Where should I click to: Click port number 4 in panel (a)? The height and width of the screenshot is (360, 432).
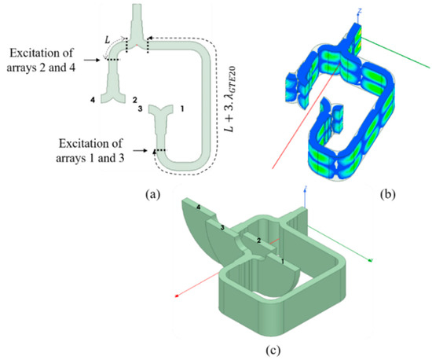(x=93, y=100)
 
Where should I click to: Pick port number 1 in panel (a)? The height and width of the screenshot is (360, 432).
(x=181, y=111)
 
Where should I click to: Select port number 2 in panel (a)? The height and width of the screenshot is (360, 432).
(x=134, y=101)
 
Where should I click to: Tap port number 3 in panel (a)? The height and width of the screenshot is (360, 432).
(x=139, y=110)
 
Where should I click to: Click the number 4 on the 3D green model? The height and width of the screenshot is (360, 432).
(x=198, y=207)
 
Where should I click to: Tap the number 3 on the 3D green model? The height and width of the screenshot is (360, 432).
(x=222, y=227)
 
